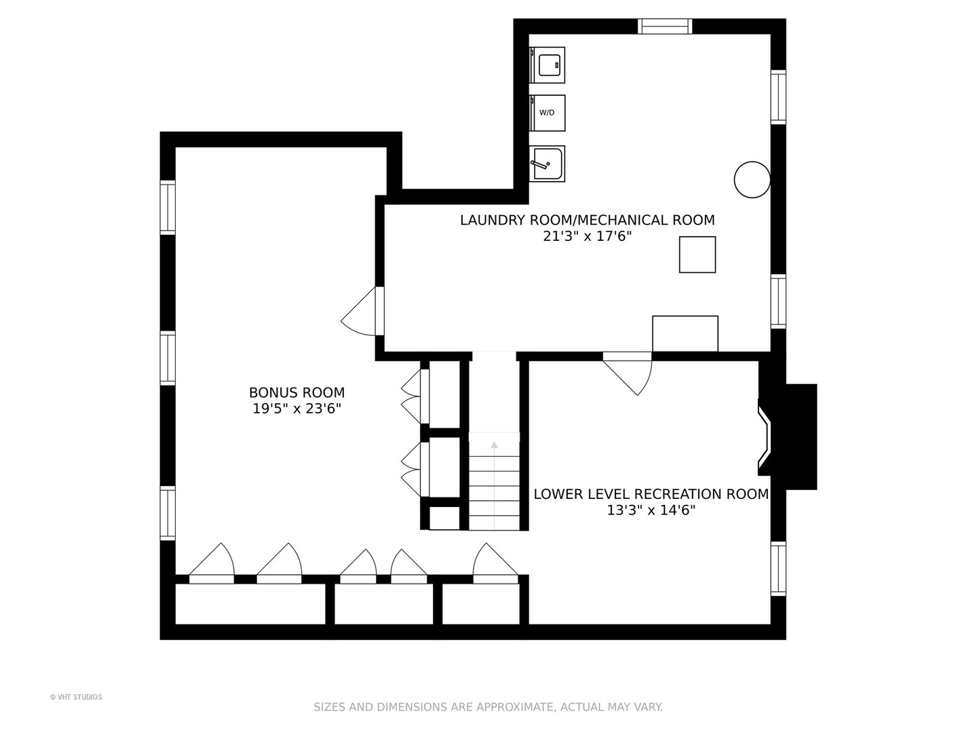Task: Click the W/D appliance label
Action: click(547, 113)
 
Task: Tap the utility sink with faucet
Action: click(547, 164)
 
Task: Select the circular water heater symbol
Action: click(752, 179)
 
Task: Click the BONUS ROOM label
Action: click(296, 392)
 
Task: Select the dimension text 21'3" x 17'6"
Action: click(587, 236)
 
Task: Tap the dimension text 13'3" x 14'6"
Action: click(651, 510)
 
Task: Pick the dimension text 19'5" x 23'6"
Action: click(296, 408)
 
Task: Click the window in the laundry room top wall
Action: click(664, 26)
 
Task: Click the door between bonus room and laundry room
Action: click(362, 311)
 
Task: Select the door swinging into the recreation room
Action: click(627, 373)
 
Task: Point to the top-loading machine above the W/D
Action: click(547, 65)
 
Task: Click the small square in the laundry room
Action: click(697, 255)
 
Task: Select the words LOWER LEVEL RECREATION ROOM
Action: click(651, 494)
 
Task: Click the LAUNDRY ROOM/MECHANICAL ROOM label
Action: click(587, 220)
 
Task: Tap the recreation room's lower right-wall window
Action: click(778, 568)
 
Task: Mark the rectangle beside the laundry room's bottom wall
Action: click(685, 334)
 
